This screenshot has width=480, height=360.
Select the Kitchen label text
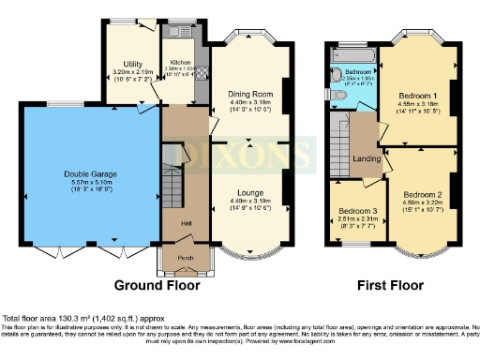(x=180, y=62)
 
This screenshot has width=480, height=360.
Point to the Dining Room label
(x=249, y=94)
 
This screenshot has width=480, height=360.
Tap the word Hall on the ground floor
(x=174, y=222)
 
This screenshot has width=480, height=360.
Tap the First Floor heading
(x=391, y=285)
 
